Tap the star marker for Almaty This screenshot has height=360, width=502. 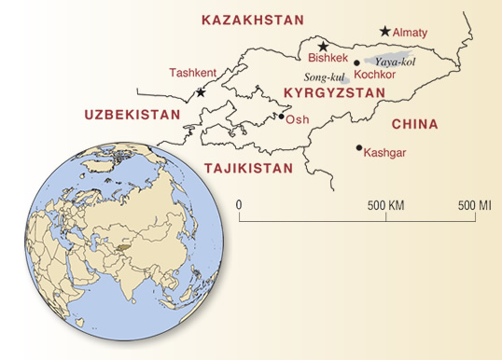pyautogui.click(x=384, y=31)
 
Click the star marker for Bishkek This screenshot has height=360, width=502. pyautogui.click(x=323, y=47)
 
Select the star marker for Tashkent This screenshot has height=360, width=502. pyautogui.click(x=201, y=92)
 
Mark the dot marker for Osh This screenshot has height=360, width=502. pyautogui.click(x=281, y=118)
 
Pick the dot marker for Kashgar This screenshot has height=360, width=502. pyautogui.click(x=358, y=147)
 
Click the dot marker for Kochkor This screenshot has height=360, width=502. pyautogui.click(x=356, y=62)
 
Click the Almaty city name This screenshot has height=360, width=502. pyautogui.click(x=411, y=33)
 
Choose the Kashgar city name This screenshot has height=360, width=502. pyautogui.click(x=385, y=152)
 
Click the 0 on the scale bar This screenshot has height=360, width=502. pyautogui.click(x=239, y=203)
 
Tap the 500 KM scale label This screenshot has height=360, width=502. pyautogui.click(x=385, y=203)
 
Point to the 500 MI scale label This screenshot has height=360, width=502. pyautogui.click(x=477, y=203)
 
